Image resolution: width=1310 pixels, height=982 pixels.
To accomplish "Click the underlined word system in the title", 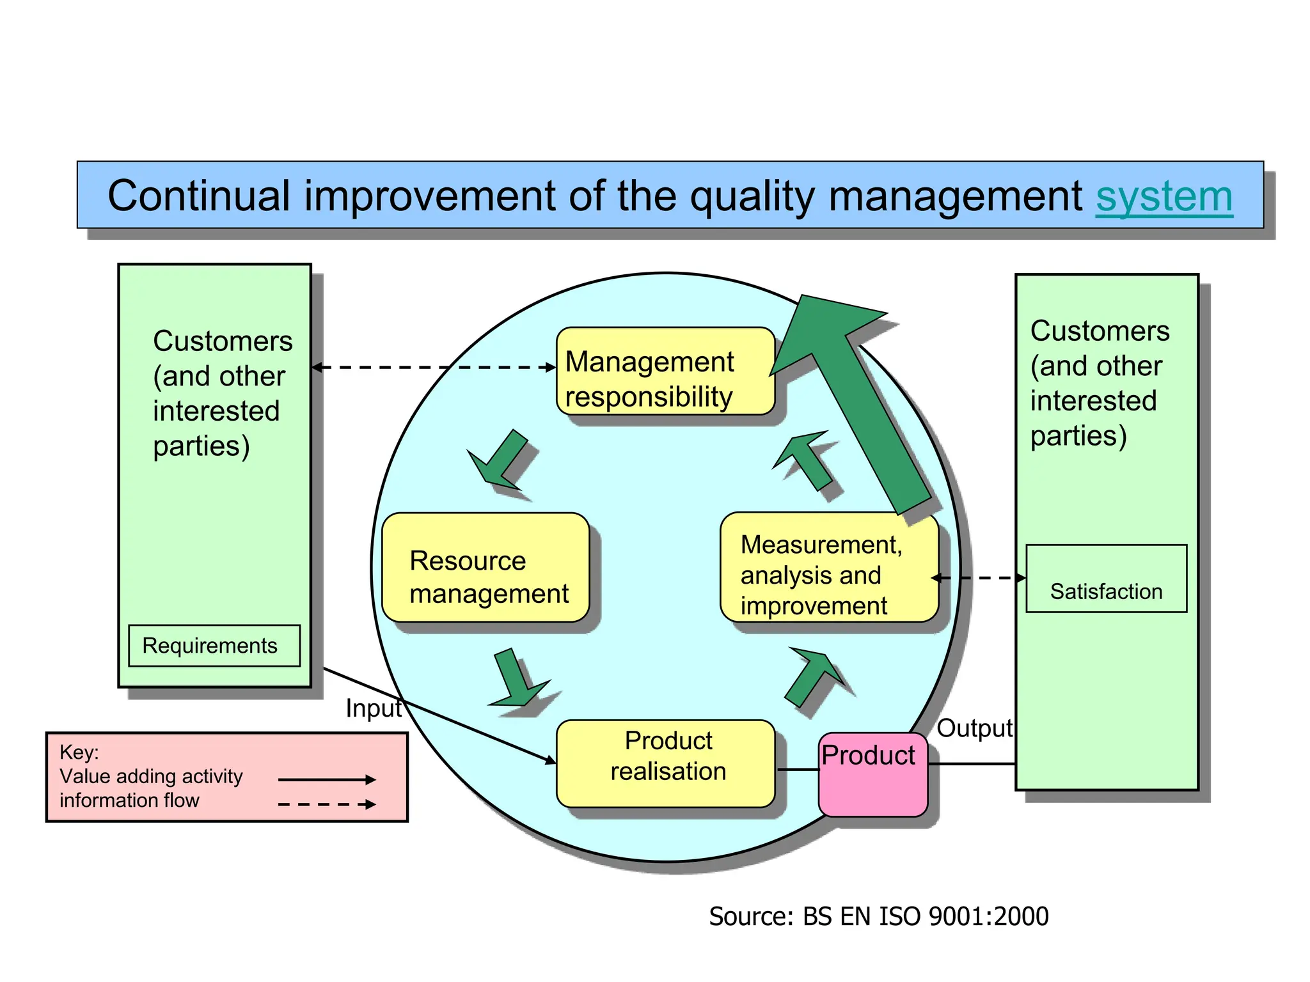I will [x=1164, y=197].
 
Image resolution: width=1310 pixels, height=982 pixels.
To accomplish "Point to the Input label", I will [x=374, y=708].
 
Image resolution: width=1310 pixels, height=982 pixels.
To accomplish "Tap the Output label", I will [x=974, y=728].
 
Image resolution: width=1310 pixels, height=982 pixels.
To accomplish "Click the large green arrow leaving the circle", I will [x=857, y=396].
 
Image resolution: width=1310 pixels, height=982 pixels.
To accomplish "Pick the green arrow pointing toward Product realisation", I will [x=517, y=680].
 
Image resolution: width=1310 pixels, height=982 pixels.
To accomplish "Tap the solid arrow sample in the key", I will [x=326, y=779].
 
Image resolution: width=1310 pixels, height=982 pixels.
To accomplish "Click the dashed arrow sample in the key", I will [x=326, y=804].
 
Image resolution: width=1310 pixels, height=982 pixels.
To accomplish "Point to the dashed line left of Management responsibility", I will [x=435, y=368].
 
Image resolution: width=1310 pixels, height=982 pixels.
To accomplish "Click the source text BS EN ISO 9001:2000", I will [x=878, y=917].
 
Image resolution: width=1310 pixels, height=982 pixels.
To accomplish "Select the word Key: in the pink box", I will [x=79, y=752].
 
